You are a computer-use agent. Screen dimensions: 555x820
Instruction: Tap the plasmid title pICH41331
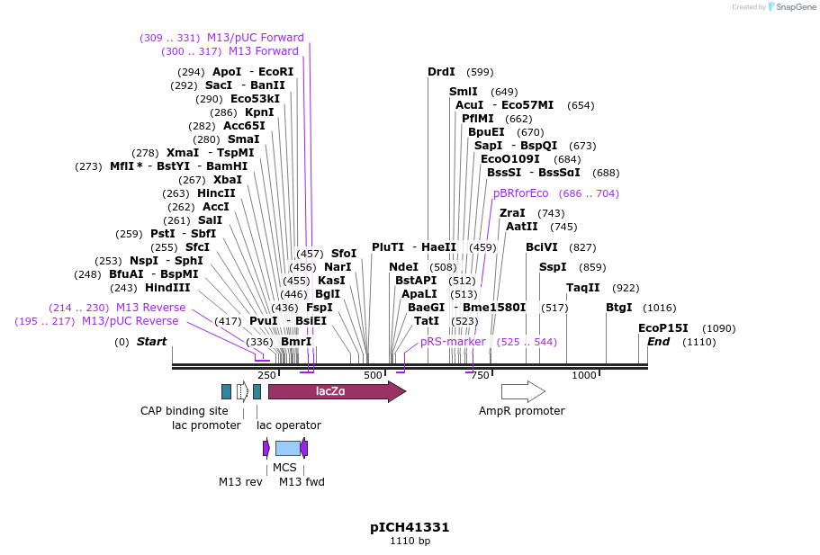[x=410, y=527]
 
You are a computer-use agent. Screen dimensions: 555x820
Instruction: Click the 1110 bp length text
[x=410, y=542]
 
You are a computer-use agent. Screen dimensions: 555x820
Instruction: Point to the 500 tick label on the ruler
[x=373, y=375]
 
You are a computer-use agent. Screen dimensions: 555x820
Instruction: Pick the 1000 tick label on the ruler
[x=584, y=375]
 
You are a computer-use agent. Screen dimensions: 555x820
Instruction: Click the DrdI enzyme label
[x=441, y=72]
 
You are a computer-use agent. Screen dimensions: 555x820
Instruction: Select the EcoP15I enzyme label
[x=662, y=328]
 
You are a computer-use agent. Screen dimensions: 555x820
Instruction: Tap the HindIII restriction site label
[x=167, y=288]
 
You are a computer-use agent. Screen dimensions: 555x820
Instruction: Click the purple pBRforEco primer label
[x=520, y=193]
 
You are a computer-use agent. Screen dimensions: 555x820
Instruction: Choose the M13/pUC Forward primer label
[x=256, y=38]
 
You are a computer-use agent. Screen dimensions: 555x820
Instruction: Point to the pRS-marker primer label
[x=453, y=342]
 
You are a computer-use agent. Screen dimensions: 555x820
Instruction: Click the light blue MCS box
[x=288, y=448]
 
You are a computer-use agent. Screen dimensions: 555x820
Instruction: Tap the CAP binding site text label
[x=185, y=411]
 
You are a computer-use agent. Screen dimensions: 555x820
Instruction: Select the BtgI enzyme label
[x=618, y=308]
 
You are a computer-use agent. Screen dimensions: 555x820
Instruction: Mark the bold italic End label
[x=658, y=342]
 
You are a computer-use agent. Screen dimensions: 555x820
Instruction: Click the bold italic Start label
[x=151, y=342]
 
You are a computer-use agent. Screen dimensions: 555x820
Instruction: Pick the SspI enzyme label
[x=553, y=267]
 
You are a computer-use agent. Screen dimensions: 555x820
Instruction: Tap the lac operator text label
[x=288, y=425]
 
